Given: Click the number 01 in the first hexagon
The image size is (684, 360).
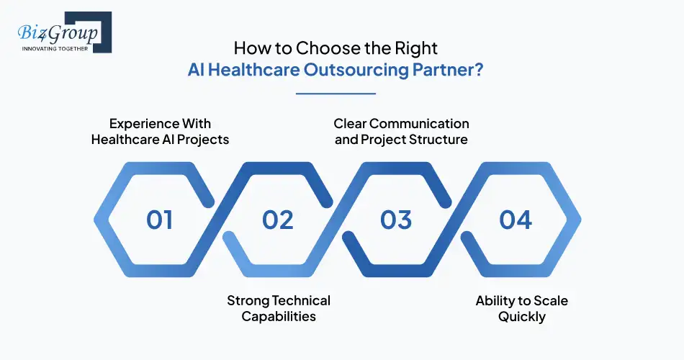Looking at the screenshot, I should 159,220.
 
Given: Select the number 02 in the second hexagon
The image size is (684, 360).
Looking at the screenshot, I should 277,220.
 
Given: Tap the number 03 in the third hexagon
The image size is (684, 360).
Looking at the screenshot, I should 395,220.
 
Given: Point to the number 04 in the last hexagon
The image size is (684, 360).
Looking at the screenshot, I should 516,220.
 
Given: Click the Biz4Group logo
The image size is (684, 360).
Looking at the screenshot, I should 61,33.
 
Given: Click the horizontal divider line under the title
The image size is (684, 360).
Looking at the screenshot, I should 336,93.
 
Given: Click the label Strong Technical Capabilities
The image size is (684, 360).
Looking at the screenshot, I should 278,308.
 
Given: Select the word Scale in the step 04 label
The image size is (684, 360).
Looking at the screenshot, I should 550,300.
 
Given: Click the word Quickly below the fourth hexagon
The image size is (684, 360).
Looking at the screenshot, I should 522,317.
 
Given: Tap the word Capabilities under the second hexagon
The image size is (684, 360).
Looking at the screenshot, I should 278,317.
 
